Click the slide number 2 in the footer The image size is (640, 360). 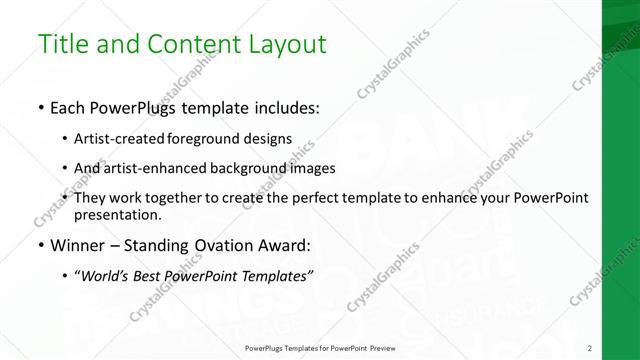tap(590, 348)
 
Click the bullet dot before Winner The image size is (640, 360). tap(40, 245)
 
